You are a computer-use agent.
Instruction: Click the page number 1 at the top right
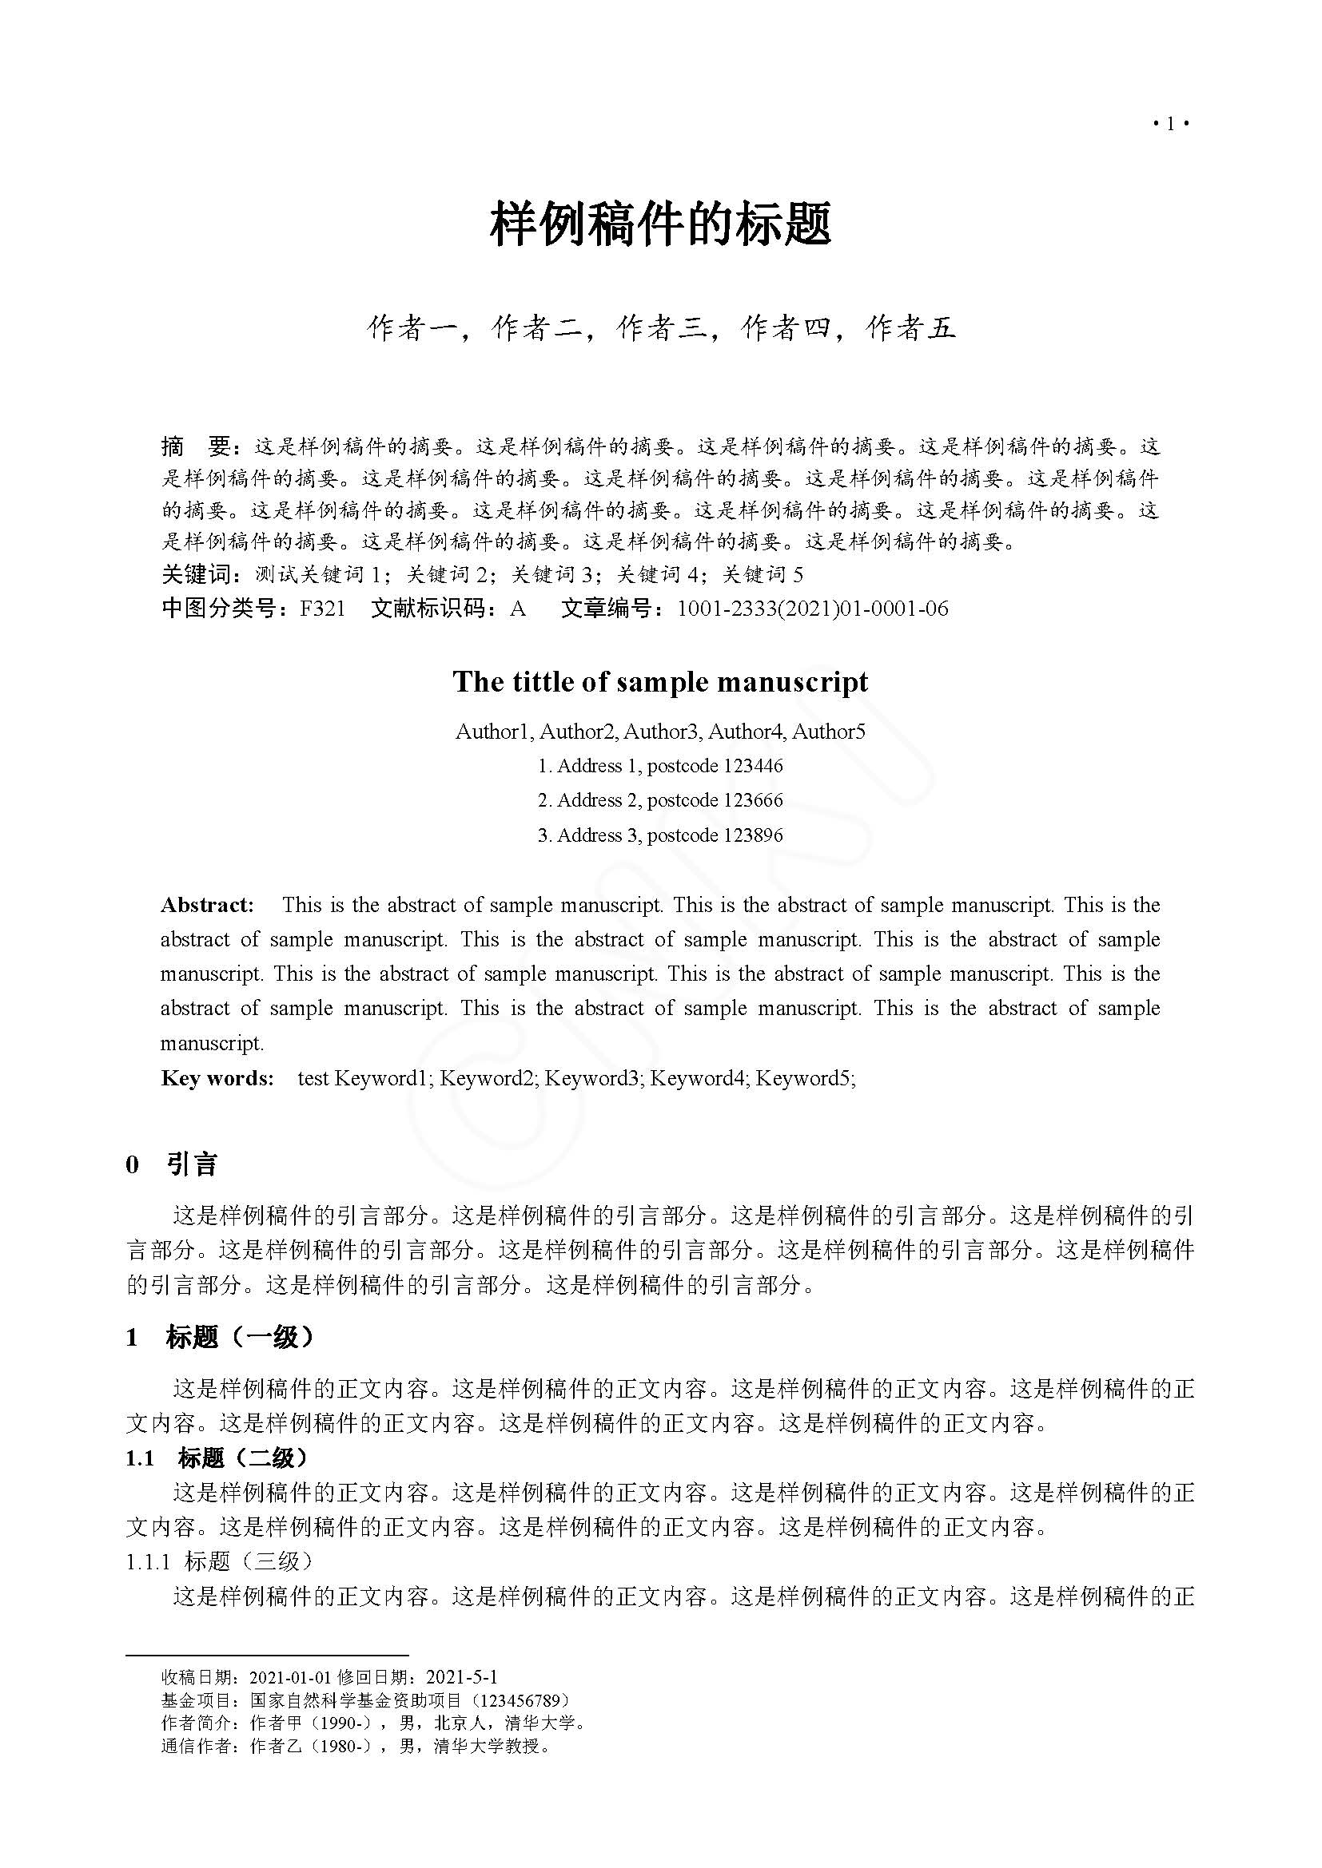tap(1171, 124)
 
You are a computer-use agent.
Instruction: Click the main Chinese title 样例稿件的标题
tap(660, 224)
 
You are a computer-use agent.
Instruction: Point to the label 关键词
tap(197, 574)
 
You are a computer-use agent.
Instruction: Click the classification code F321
tap(322, 609)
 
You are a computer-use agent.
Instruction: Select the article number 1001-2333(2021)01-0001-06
tap(812, 609)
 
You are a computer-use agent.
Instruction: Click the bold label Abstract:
tap(207, 905)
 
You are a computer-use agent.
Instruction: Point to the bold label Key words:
tap(217, 1078)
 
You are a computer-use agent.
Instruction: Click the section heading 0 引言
tap(172, 1164)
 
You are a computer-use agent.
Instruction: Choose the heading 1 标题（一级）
tap(220, 1337)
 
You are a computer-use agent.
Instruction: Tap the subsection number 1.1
tap(140, 1458)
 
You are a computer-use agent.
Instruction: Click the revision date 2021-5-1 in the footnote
tap(461, 1677)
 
